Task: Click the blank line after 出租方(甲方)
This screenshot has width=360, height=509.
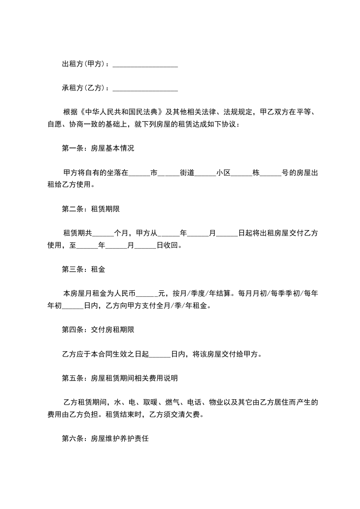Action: click(145, 65)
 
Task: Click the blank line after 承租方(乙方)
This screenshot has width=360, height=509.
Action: click(145, 88)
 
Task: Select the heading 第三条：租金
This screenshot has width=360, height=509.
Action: click(83, 269)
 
